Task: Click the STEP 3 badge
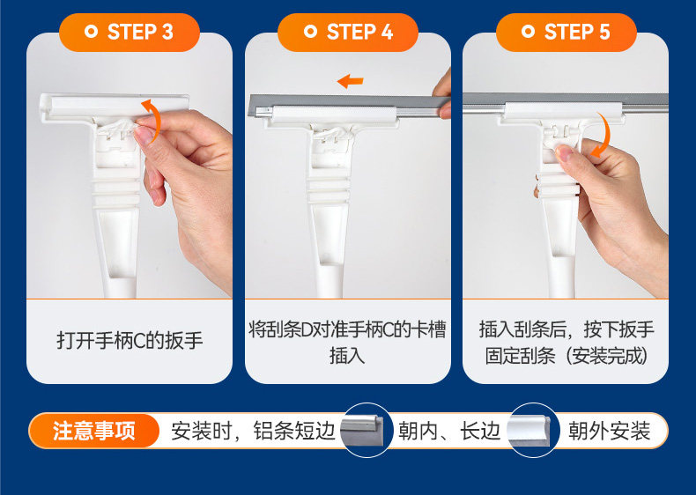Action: pyautogui.click(x=130, y=33)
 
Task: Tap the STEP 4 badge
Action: pyautogui.click(x=348, y=33)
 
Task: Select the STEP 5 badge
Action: pyautogui.click(x=566, y=33)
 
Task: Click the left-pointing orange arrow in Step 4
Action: pyautogui.click(x=351, y=81)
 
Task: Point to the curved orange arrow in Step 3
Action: pyautogui.click(x=156, y=120)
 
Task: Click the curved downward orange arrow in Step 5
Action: pyautogui.click(x=606, y=133)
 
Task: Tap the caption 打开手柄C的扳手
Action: pyautogui.click(x=130, y=341)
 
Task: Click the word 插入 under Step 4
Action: pyautogui.click(x=347, y=356)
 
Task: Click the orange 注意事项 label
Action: pyautogui.click(x=94, y=431)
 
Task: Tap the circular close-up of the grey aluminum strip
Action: pyautogui.click(x=367, y=430)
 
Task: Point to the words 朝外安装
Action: pyautogui.click(x=609, y=431)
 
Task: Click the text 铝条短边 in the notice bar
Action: pyautogui.click(x=294, y=431)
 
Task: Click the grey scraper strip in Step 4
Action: pyautogui.click(x=349, y=105)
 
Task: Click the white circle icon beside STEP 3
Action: pyautogui.click(x=91, y=32)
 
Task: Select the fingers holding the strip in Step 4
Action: pyautogui.click(x=442, y=94)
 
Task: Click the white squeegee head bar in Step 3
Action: pyautogui.click(x=115, y=107)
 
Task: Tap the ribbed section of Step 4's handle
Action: pyautogui.click(x=329, y=190)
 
